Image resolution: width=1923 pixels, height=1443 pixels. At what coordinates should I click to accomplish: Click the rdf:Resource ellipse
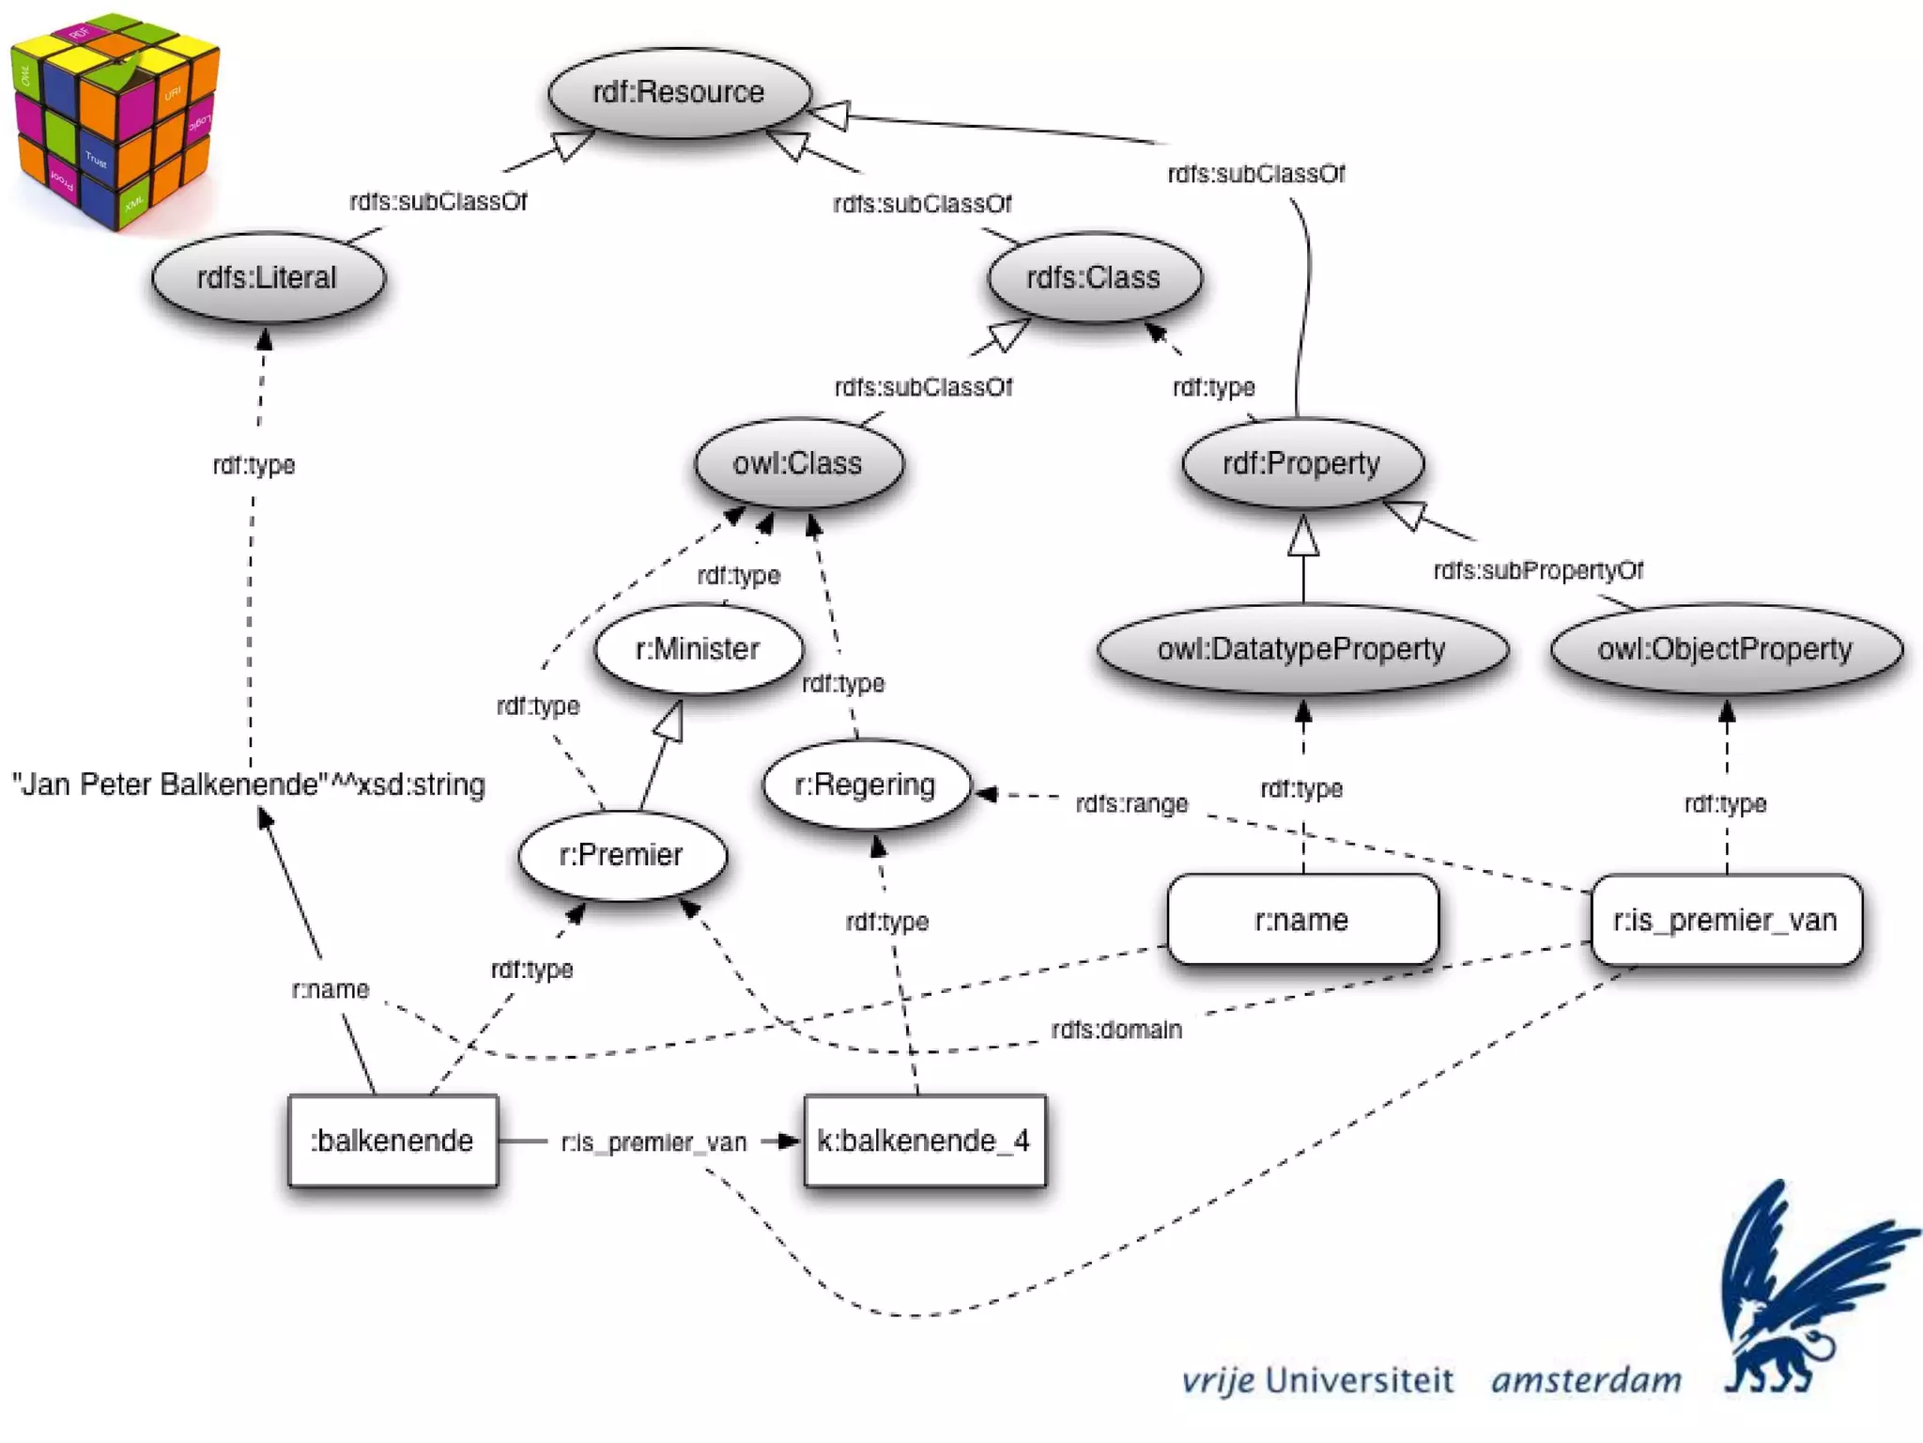(679, 92)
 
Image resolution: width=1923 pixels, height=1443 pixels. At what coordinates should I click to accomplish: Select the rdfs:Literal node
(268, 277)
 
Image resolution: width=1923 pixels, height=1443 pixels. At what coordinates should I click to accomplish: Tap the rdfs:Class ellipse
(1094, 277)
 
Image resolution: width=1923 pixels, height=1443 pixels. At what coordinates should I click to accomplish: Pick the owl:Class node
(798, 463)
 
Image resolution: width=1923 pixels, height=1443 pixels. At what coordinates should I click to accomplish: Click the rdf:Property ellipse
(1302, 463)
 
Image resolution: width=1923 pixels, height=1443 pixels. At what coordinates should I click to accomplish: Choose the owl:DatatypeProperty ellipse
(1302, 649)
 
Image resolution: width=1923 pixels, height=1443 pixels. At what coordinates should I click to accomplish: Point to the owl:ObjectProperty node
(1726, 649)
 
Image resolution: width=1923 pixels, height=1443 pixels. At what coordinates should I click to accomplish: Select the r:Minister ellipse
(699, 649)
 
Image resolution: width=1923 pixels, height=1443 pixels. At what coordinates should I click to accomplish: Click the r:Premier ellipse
(622, 855)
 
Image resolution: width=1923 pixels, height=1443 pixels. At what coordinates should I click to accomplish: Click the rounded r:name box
(1302, 920)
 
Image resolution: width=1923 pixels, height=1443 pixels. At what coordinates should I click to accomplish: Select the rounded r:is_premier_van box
(1726, 920)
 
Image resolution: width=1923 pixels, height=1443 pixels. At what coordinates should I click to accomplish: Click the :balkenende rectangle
(392, 1140)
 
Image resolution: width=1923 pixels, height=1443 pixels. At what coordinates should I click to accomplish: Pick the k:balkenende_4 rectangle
(925, 1140)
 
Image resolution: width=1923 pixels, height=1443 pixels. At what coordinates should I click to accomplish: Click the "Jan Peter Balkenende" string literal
(249, 784)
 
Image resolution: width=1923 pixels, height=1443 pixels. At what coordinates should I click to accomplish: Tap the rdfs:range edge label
(1131, 804)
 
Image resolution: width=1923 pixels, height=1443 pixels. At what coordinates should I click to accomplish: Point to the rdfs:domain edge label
(1116, 1030)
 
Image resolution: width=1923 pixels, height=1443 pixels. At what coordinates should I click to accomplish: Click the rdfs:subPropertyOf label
(1538, 570)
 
